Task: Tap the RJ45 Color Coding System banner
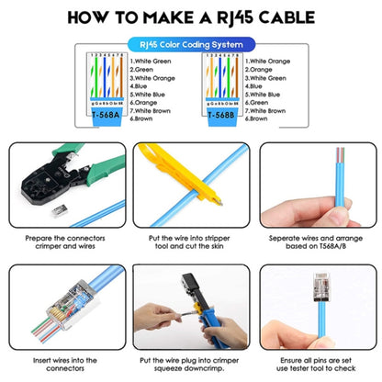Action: (x=191, y=43)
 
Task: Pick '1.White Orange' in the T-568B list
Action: (x=273, y=61)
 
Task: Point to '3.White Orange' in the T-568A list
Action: (x=154, y=77)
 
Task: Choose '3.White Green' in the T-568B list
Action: (x=272, y=77)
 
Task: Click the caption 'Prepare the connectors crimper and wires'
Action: (x=63, y=242)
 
